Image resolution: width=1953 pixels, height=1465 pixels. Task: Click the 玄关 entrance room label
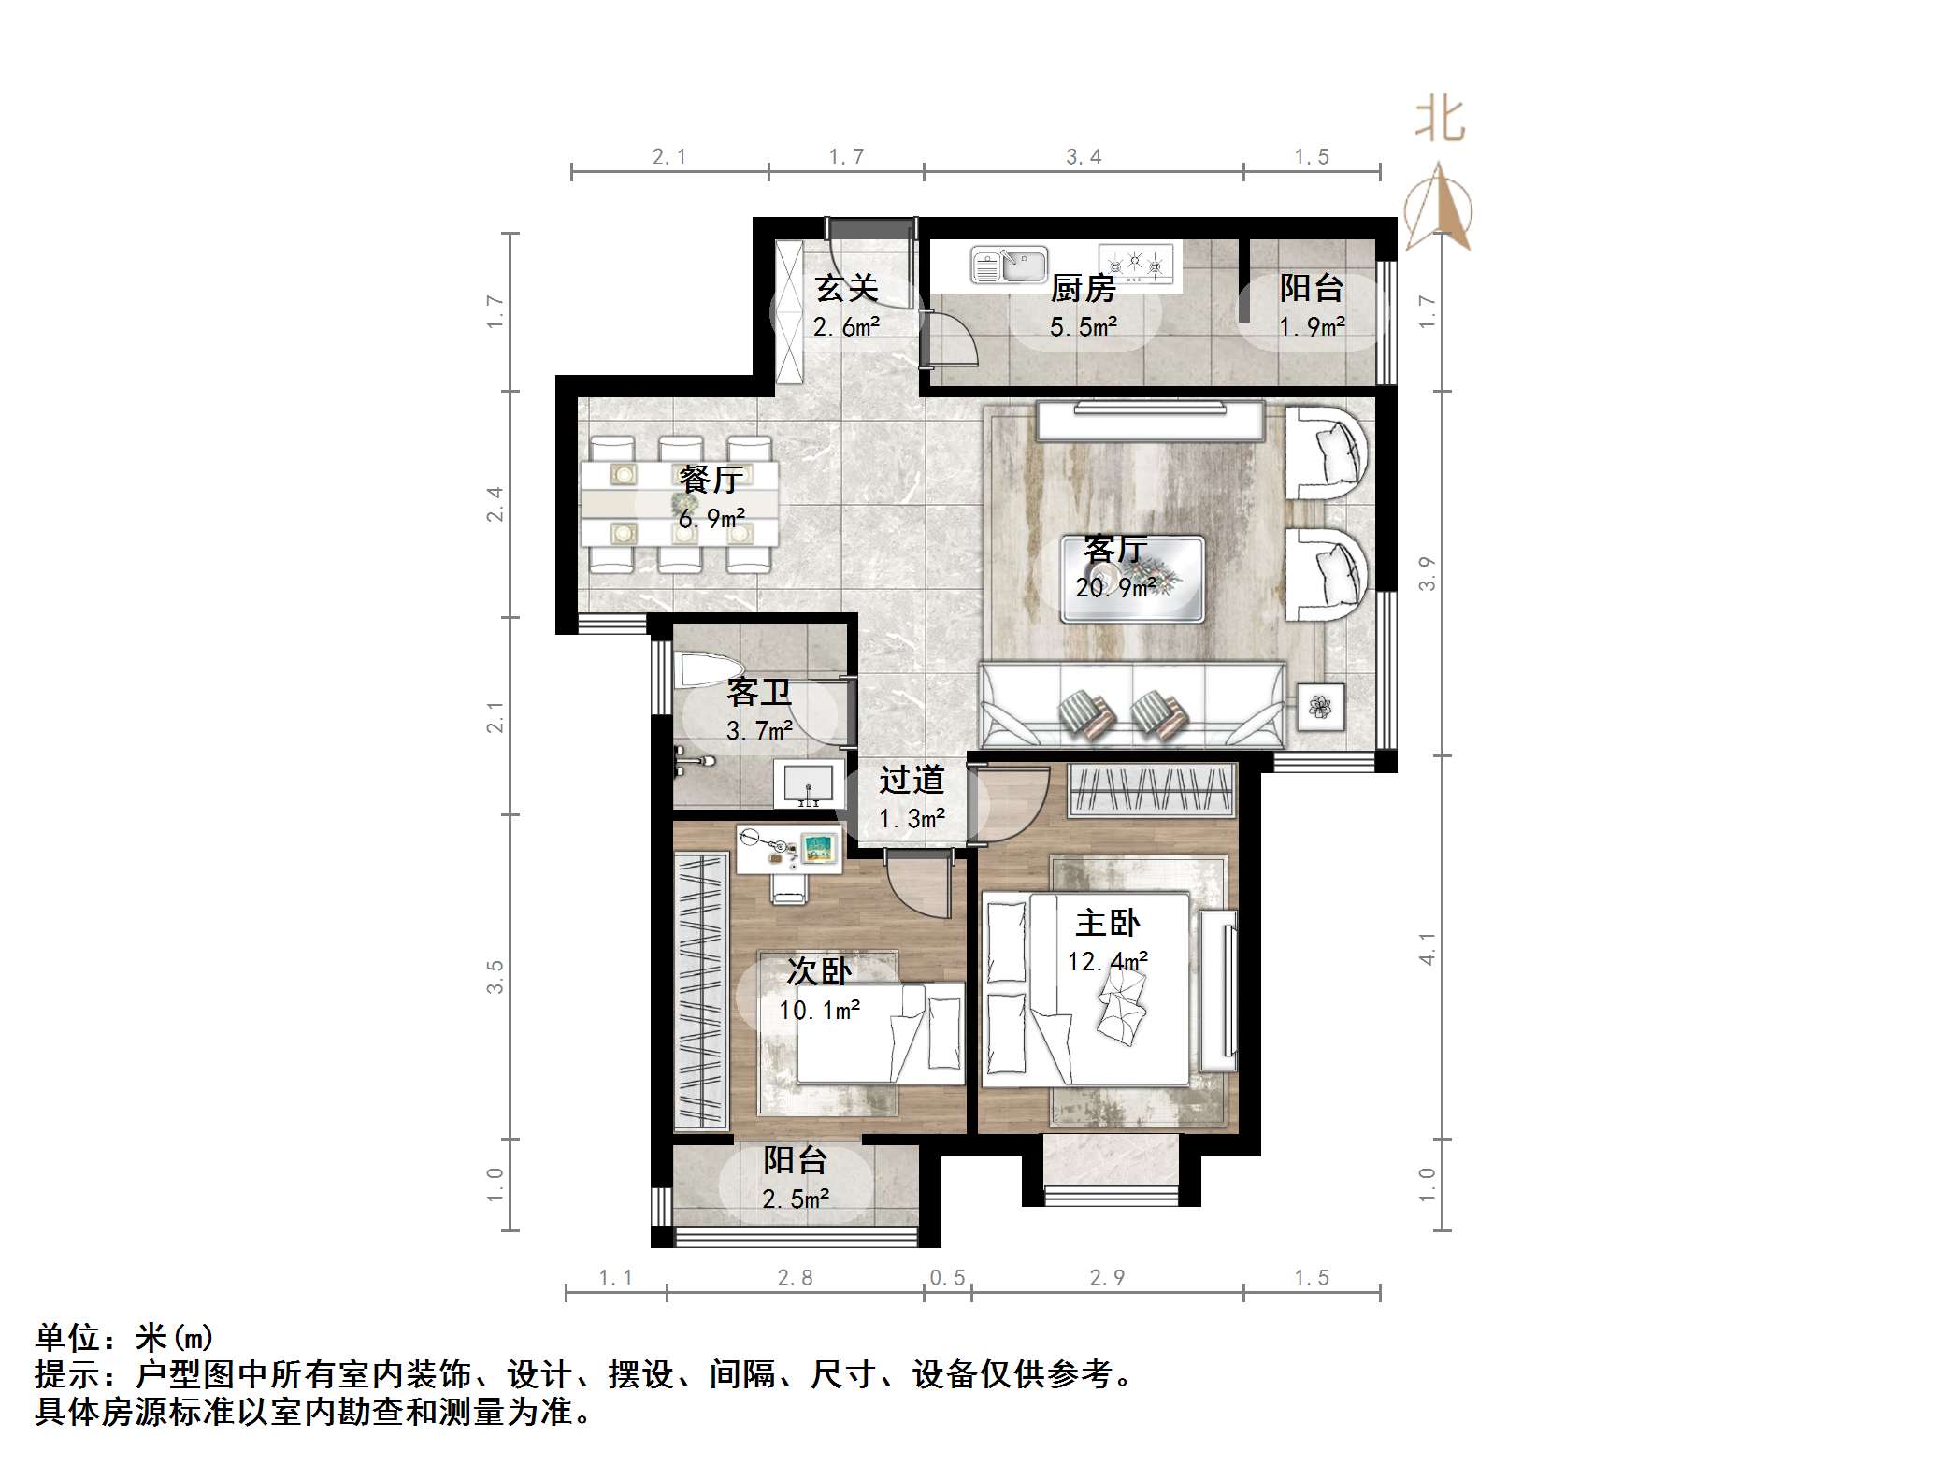pyautogui.click(x=846, y=287)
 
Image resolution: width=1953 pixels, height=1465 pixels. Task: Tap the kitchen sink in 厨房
pyautogui.click(x=1009, y=266)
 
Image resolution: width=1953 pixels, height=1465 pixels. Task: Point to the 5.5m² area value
pyautogui.click(x=1084, y=327)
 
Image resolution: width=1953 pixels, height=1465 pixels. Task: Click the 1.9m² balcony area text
pyautogui.click(x=1312, y=327)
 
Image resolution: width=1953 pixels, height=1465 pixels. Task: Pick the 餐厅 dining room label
pyautogui.click(x=711, y=480)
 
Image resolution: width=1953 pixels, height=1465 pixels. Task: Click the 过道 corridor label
pyautogui.click(x=912, y=780)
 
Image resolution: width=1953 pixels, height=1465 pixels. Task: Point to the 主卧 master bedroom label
pyautogui.click(x=1108, y=924)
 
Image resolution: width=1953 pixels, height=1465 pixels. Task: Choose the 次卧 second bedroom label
pyautogui.click(x=819, y=971)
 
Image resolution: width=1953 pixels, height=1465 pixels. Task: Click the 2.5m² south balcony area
pyautogui.click(x=796, y=1199)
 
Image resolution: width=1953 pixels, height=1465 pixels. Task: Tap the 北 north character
pyautogui.click(x=1440, y=121)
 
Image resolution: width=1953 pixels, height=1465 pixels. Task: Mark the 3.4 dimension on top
pyautogui.click(x=1084, y=157)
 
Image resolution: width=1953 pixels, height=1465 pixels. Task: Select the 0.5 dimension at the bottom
pyautogui.click(x=947, y=1278)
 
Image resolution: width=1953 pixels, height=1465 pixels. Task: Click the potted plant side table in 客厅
pyautogui.click(x=1320, y=707)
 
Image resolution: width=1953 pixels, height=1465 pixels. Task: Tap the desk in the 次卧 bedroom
pyautogui.click(x=789, y=848)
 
